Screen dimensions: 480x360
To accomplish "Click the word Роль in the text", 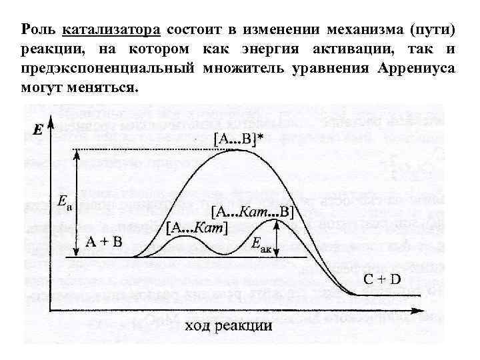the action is (38, 31).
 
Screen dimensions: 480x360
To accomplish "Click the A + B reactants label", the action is (104, 243).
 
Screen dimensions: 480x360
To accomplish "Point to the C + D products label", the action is (382, 279).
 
